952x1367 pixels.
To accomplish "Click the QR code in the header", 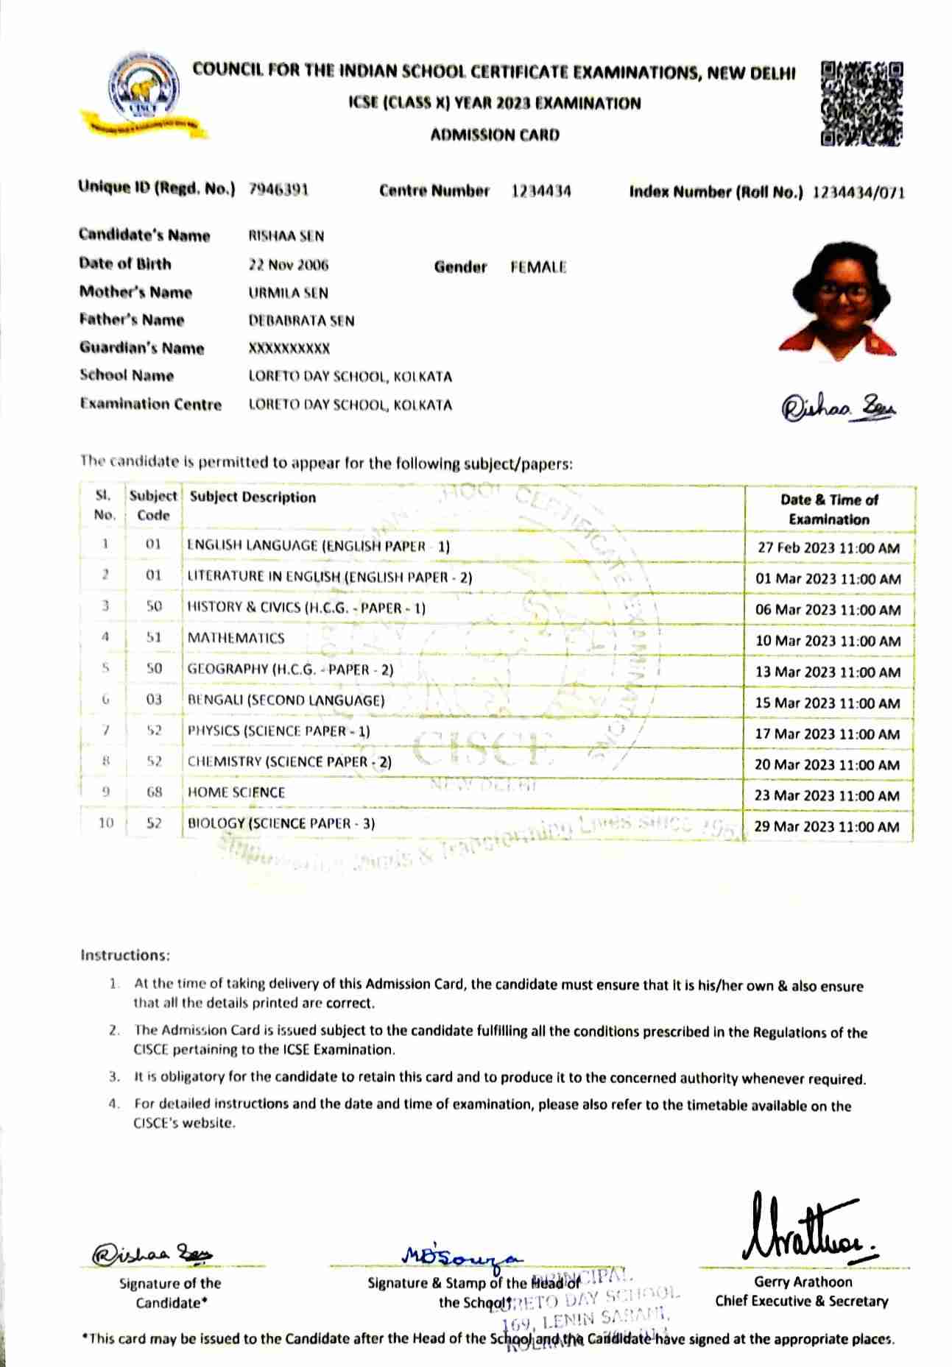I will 861,104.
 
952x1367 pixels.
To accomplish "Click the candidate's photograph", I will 839,300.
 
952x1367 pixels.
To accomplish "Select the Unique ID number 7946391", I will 278,189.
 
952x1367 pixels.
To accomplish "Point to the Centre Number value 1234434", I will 541,191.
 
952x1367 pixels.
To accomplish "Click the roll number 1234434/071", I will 858,193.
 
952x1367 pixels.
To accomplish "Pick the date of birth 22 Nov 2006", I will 289,265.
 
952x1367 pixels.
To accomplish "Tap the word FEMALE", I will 538,267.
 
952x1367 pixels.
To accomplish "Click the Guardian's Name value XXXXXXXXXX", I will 289,348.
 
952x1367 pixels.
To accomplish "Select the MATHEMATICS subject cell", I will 236,638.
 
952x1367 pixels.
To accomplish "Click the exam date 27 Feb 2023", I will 828,548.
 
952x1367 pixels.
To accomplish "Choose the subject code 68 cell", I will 154,792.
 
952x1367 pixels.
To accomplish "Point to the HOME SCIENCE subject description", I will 236,792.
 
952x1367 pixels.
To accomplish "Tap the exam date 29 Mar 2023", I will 826,826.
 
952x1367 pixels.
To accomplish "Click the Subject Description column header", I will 253,497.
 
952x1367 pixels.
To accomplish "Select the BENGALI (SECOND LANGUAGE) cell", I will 286,700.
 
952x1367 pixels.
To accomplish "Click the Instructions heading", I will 124,955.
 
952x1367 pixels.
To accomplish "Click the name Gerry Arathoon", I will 803,1282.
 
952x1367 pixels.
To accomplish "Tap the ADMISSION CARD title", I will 495,135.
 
